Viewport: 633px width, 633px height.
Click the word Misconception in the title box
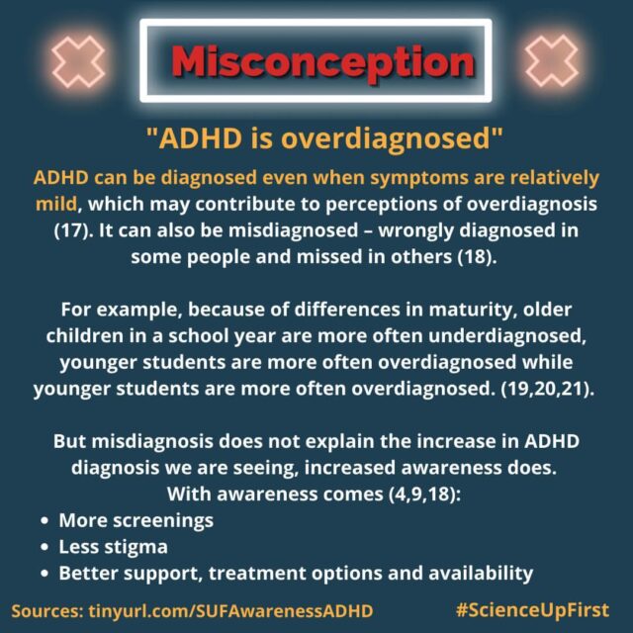click(x=316, y=61)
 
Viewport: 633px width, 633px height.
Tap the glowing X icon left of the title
click(x=77, y=60)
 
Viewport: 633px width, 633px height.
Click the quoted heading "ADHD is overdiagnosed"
click(x=316, y=139)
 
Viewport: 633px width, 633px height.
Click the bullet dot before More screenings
click(x=45, y=520)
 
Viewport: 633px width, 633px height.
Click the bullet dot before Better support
click(x=45, y=573)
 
